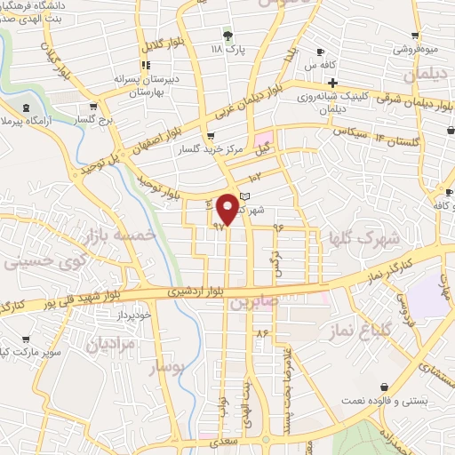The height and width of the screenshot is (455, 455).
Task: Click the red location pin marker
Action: pos(227,208)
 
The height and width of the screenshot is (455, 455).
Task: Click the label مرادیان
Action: pos(111,344)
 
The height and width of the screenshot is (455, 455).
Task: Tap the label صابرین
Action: pos(255,303)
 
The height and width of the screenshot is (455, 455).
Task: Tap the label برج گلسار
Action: pos(95,119)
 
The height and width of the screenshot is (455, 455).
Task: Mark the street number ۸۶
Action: pos(261,332)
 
